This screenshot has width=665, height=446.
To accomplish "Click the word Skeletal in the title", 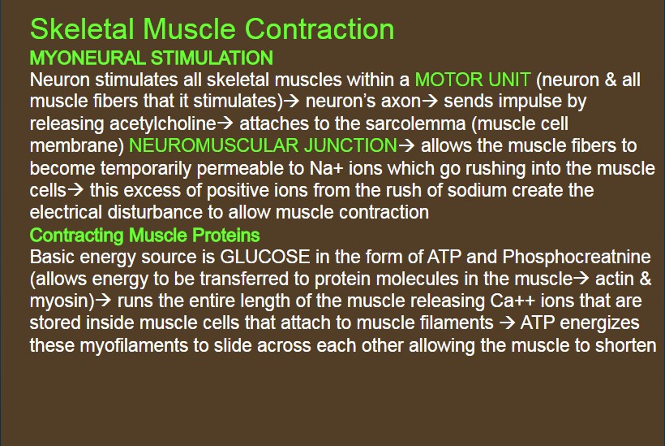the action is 82,29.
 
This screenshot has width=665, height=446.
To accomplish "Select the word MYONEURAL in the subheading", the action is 88,58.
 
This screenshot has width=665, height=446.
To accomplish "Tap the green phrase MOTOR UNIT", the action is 473,80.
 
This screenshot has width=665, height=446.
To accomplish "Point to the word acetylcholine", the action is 163,123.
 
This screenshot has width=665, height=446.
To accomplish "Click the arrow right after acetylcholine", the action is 225,123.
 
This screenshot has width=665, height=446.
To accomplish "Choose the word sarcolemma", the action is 415,123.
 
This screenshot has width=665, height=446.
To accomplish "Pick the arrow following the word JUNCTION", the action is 406,145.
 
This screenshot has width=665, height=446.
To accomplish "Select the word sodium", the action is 477,190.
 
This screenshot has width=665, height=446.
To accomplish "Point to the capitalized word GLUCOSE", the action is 265,257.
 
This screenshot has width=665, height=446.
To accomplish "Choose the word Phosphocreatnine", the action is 577,257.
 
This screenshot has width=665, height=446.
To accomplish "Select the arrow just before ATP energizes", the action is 507,323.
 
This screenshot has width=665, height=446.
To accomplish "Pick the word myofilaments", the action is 134,345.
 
